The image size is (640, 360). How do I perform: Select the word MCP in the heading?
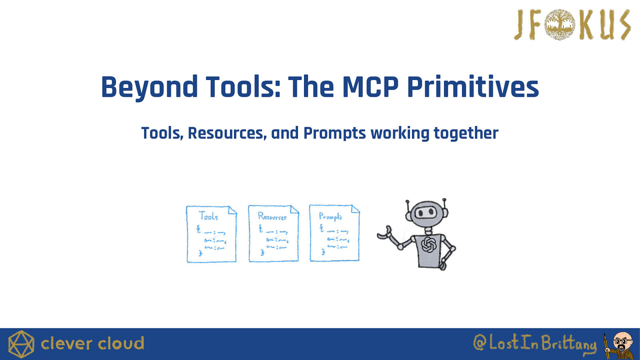point(370,86)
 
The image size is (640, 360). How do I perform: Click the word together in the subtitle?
point(466,134)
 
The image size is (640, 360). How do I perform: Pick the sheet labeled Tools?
point(212,234)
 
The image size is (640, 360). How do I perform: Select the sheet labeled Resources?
point(274,234)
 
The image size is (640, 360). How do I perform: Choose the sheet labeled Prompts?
point(334,233)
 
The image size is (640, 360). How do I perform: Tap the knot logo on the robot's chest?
point(428,244)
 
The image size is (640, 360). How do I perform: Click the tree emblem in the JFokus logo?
point(560,24)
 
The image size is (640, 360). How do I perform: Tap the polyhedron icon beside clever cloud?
point(21,344)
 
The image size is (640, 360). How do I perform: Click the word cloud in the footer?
point(121,344)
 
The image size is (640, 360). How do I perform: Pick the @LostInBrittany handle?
point(535,343)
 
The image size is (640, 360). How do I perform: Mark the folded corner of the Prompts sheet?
point(356,209)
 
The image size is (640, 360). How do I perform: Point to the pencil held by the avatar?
point(606,346)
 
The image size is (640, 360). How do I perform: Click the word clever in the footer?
point(66,344)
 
